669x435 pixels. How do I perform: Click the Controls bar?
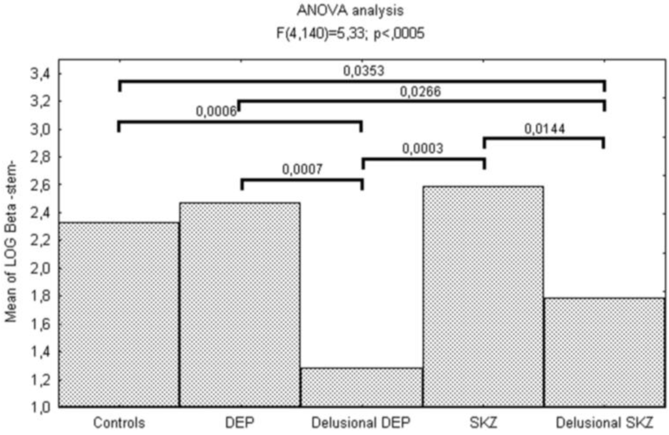(x=119, y=314)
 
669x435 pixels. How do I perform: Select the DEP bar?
(x=240, y=304)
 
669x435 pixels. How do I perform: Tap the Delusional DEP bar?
(x=361, y=387)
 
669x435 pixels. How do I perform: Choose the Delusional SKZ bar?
(x=604, y=352)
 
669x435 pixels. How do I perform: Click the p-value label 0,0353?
(x=362, y=71)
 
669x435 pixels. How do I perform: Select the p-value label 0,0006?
(x=216, y=112)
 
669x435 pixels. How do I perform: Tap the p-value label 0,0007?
(x=302, y=169)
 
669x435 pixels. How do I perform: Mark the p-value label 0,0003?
(x=423, y=149)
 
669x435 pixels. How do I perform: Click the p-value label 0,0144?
(x=544, y=129)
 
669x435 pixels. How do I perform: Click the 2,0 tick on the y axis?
(x=39, y=268)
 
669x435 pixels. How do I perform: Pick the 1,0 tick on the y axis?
(x=39, y=408)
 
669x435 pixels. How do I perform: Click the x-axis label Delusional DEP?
(x=361, y=423)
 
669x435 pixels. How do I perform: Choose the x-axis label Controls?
(x=119, y=423)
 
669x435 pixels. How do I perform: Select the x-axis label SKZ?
(x=483, y=423)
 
